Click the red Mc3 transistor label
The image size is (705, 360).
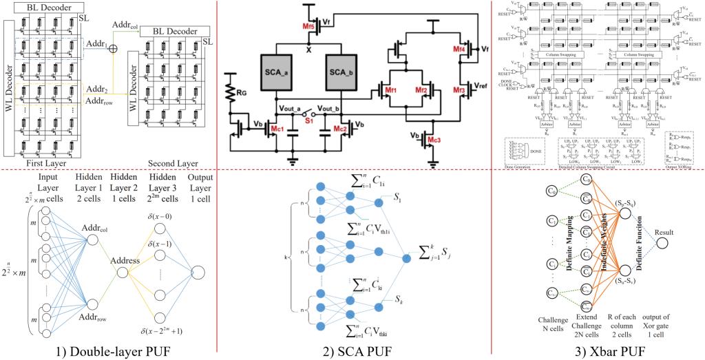click(433, 140)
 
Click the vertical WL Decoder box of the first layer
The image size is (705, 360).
click(10, 89)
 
